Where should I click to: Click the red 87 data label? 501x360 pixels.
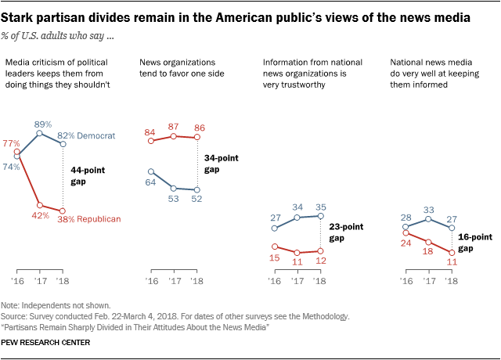(174, 125)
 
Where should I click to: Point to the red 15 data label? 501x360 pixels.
(275, 257)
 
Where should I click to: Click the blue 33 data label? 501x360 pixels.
(428, 209)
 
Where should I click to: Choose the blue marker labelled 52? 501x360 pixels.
(196, 189)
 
